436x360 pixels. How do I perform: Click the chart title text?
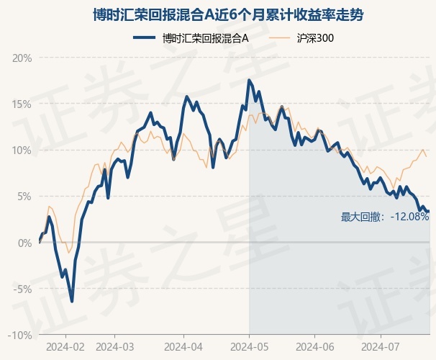point(228,14)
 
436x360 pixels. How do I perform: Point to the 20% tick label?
point(22,58)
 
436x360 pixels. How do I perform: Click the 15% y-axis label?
point(22,104)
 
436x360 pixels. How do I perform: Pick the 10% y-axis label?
point(22,150)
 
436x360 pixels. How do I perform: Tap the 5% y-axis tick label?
point(24,197)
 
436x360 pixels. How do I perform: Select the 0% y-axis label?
point(24,243)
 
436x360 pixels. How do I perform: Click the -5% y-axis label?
point(23,289)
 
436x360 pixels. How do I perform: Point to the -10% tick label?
point(20,336)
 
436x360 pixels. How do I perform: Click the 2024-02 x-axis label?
point(65,347)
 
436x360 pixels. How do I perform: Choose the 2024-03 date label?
point(114,347)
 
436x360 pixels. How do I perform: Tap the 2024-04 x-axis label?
point(183,347)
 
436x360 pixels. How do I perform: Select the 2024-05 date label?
point(249,347)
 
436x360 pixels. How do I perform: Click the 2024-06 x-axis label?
point(314,347)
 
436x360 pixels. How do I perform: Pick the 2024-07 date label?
point(380,347)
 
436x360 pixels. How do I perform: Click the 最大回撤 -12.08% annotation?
point(385,217)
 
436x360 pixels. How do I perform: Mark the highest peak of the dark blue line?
point(249,80)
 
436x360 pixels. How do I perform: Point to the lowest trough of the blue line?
point(72,302)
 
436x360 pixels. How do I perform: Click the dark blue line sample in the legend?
point(144,37)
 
